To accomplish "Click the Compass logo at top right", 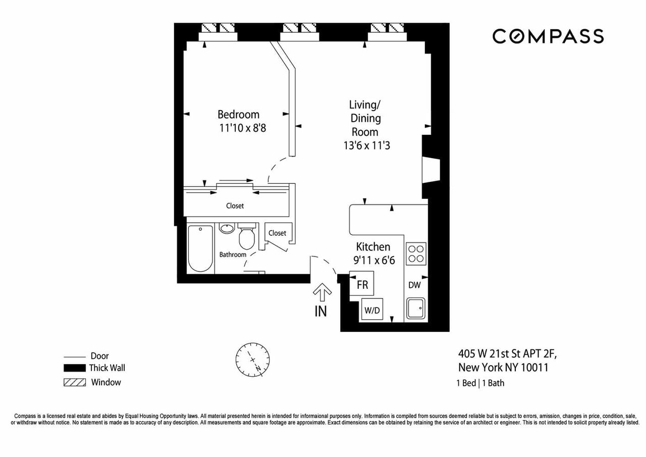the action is point(548,36).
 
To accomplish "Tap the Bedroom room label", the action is point(238,115).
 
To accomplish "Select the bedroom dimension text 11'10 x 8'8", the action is point(243,128).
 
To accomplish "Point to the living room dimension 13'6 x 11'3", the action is point(366,145).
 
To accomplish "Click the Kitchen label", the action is point(373,246).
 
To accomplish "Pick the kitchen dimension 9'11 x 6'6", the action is point(374,260).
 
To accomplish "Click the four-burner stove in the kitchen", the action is point(416,253).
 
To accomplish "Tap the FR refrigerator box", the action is point(362,283).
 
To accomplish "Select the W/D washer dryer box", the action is point(372,309).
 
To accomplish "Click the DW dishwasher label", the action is point(414,285).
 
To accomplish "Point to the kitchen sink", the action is point(416,308).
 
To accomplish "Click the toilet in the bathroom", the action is point(247,236).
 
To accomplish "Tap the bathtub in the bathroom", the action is point(200,248).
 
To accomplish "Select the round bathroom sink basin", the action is point(227,228).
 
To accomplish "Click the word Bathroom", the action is point(233,255).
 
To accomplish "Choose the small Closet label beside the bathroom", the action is point(277,233).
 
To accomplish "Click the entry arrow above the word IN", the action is point(322,292).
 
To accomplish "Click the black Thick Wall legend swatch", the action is point(74,368).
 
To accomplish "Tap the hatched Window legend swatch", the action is point(74,382).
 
